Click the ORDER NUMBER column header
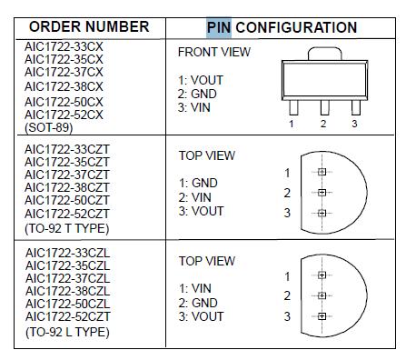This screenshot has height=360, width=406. [89, 27]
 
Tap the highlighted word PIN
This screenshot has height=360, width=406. [220, 27]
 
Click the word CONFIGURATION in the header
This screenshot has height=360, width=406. [296, 27]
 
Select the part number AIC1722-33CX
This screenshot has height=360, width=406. [64, 44]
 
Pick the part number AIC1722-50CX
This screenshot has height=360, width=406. [64, 101]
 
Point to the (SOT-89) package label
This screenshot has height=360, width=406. [51, 128]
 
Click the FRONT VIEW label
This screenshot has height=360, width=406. [213, 52]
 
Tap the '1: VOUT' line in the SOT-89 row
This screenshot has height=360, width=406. [202, 80]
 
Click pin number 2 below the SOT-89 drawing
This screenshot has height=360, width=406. [323, 123]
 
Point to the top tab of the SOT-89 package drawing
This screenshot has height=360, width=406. [322, 55]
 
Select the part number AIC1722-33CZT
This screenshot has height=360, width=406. [67, 147]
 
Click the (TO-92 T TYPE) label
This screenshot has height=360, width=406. [67, 228]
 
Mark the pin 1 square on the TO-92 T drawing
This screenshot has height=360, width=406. [321, 173]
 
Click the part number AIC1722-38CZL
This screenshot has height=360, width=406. [67, 291]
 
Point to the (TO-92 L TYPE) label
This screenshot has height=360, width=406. [67, 332]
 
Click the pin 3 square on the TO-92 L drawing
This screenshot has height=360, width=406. [321, 316]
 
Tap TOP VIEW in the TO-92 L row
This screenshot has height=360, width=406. [206, 261]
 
